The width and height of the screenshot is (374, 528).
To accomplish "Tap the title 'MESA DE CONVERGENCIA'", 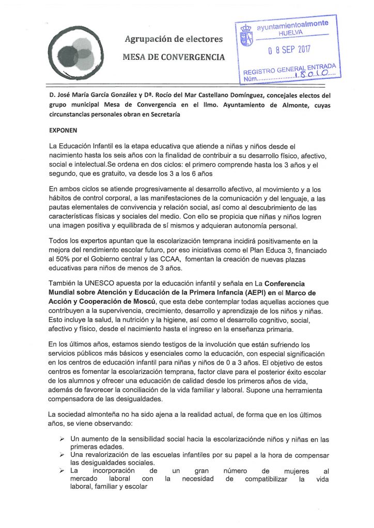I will click(x=174, y=56).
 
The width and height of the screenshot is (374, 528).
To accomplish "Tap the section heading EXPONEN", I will click(x=63, y=131).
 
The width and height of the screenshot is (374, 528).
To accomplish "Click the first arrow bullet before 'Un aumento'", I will click(x=60, y=439).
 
